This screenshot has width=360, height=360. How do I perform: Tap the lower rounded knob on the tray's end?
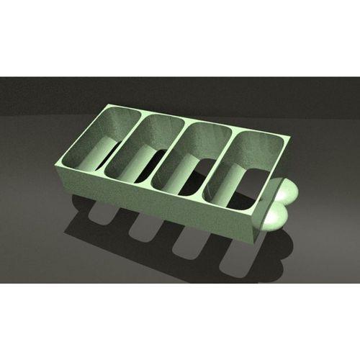tap(275, 215)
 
